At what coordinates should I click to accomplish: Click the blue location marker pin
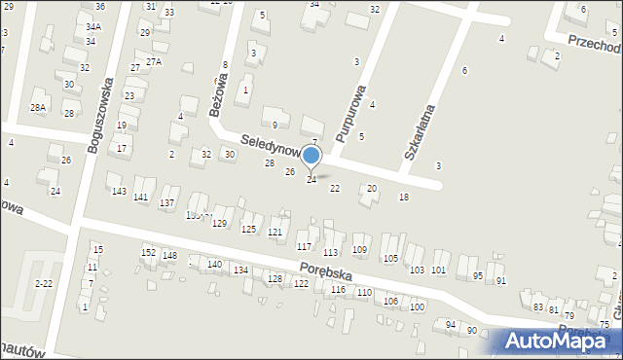311,156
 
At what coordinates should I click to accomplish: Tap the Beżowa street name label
219,99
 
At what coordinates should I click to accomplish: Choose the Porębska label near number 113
324,268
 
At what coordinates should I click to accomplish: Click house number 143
119,191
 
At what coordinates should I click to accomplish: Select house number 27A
153,61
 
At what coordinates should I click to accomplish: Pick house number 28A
38,108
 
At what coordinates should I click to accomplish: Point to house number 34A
92,27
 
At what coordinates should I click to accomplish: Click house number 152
148,252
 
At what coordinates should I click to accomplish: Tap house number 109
359,250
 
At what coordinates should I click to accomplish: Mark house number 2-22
44,283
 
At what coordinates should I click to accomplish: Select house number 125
248,229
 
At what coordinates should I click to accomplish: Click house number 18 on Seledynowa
404,198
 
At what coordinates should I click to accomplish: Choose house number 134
240,270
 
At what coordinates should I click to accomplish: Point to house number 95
478,275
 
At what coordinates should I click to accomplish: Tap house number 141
141,198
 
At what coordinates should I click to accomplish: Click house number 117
304,246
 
